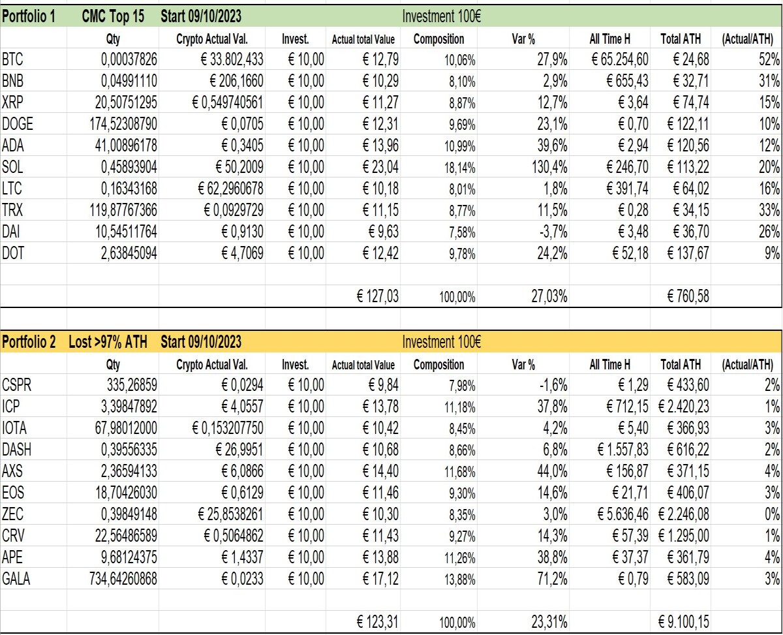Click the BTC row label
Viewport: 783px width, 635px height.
[12, 59]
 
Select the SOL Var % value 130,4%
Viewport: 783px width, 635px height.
[549, 167]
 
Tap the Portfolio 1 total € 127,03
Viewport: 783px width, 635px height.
[378, 296]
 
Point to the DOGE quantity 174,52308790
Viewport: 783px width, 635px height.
[123, 124]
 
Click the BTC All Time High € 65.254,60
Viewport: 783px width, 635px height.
[620, 59]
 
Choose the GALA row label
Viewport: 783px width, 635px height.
[16, 579]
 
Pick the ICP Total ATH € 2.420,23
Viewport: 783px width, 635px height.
[683, 407]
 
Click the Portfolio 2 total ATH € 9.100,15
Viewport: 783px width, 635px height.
[683, 622]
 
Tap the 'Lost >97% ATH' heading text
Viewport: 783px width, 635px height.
[108, 342]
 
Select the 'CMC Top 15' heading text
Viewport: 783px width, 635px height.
[113, 16]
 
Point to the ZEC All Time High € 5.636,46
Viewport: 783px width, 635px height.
[622, 514]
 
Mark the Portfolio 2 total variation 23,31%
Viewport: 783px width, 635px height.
[549, 622]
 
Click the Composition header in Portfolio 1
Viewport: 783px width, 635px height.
[438, 39]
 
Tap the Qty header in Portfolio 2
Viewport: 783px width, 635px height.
[113, 365]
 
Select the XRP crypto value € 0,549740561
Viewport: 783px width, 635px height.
[228, 102]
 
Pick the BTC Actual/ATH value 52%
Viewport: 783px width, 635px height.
[769, 59]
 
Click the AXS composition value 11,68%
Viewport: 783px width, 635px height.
[459, 471]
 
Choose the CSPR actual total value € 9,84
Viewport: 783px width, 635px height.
[384, 385]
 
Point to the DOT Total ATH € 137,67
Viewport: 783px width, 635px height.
[688, 253]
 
